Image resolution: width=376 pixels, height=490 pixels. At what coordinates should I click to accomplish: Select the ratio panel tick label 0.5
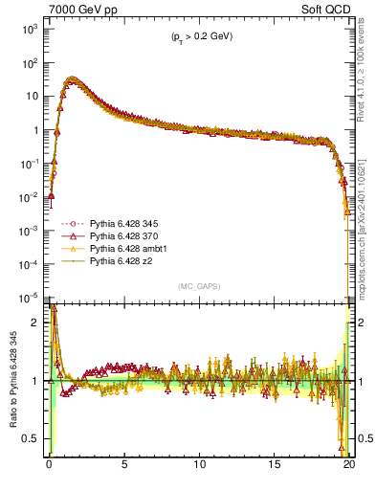click(x=31, y=438)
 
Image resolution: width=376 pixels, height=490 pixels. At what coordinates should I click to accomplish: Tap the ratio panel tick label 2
click(x=34, y=323)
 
